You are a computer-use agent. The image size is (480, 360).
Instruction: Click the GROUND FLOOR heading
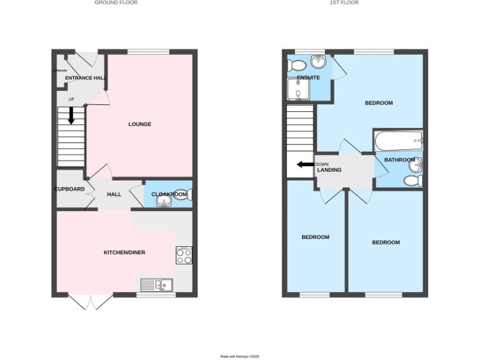click(116, 2)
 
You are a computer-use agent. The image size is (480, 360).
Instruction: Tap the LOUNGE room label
click(139, 124)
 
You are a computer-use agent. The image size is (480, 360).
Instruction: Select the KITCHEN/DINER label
click(124, 252)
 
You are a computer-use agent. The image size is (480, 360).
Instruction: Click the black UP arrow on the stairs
click(71, 115)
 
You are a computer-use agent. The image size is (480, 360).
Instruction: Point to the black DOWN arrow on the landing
click(305, 165)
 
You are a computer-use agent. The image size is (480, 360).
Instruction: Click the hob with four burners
click(184, 256)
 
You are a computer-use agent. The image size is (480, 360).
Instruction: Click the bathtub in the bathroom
click(398, 141)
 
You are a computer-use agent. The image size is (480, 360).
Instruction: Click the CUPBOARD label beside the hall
click(69, 189)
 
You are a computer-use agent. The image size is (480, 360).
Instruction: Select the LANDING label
click(329, 170)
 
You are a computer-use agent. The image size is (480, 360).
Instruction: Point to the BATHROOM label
click(399, 160)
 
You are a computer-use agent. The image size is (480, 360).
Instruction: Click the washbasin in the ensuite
click(319, 61)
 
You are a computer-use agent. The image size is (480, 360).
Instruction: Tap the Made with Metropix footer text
click(239, 356)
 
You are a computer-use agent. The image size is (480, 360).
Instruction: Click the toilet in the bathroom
click(412, 181)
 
